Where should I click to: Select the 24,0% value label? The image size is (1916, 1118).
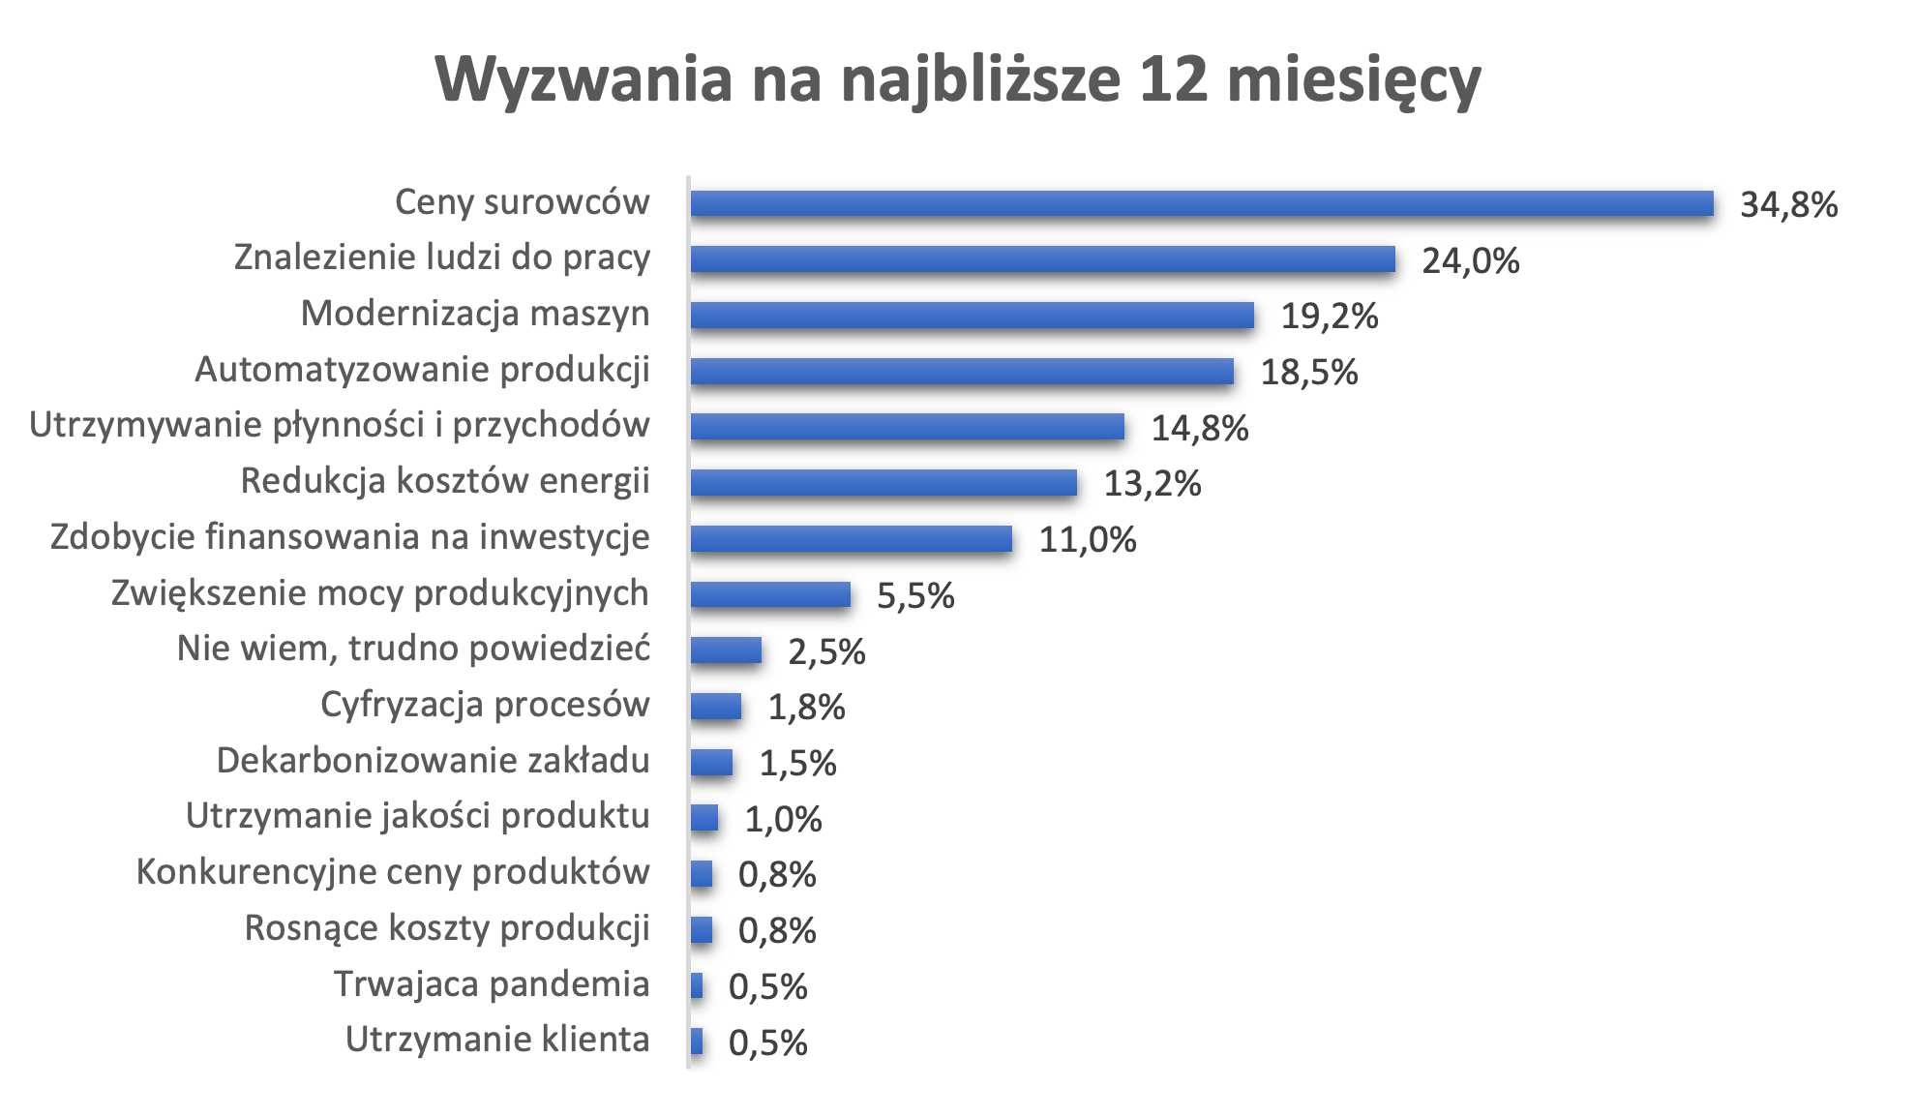[x=1470, y=261]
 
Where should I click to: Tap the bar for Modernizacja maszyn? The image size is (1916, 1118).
[x=972, y=316]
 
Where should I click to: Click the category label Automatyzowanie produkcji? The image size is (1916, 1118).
[x=422, y=370]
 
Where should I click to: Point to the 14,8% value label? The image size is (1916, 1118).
[x=1199, y=429]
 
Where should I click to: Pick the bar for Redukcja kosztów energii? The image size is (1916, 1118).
[x=883, y=483]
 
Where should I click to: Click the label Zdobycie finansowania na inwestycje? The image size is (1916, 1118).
[x=349, y=537]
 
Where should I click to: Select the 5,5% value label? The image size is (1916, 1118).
[x=914, y=596]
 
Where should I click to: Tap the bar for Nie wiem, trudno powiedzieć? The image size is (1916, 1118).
[x=726, y=650]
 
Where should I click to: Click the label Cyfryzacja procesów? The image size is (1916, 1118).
[x=485, y=705]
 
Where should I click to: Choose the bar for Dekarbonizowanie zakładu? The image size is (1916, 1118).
[x=711, y=763]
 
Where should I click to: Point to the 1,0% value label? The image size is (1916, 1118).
[x=782, y=820]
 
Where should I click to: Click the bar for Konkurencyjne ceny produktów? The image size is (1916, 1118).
[x=702, y=874]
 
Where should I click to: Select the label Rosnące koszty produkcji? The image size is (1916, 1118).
[x=446, y=928]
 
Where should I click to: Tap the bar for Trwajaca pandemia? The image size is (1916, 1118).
[x=697, y=986]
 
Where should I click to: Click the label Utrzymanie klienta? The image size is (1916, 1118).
[x=497, y=1040]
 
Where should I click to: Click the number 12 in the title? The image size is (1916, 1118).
[x=1173, y=79]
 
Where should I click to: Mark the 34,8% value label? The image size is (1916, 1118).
[x=1788, y=205]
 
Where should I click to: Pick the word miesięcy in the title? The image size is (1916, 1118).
[x=1354, y=79]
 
